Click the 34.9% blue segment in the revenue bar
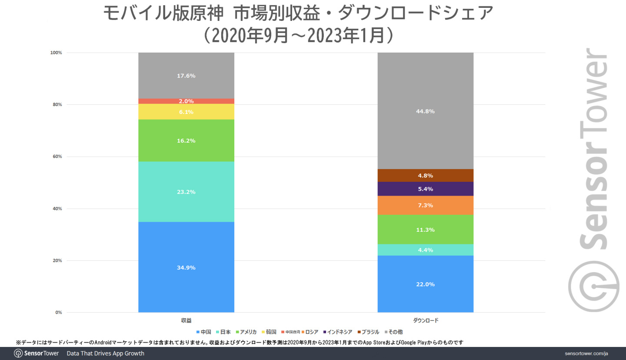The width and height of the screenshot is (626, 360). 186,267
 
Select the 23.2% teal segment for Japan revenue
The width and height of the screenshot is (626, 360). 186,192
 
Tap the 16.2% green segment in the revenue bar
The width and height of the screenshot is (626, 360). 186,140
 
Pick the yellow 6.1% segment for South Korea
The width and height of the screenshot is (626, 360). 186,112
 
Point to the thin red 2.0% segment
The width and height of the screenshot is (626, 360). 186,101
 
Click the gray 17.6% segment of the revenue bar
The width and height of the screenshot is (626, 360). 186,76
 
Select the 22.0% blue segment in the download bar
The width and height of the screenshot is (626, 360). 425,284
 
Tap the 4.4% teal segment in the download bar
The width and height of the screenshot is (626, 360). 425,250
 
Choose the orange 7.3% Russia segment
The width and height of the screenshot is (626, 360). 425,205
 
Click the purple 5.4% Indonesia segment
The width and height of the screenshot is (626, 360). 425,189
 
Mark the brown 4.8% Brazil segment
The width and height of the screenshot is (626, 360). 425,176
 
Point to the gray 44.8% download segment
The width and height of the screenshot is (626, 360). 425,111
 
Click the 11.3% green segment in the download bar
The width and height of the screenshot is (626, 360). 425,230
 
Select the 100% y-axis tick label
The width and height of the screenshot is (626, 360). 56,53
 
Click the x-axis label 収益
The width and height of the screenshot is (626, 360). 186,320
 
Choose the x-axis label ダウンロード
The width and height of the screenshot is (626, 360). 425,320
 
